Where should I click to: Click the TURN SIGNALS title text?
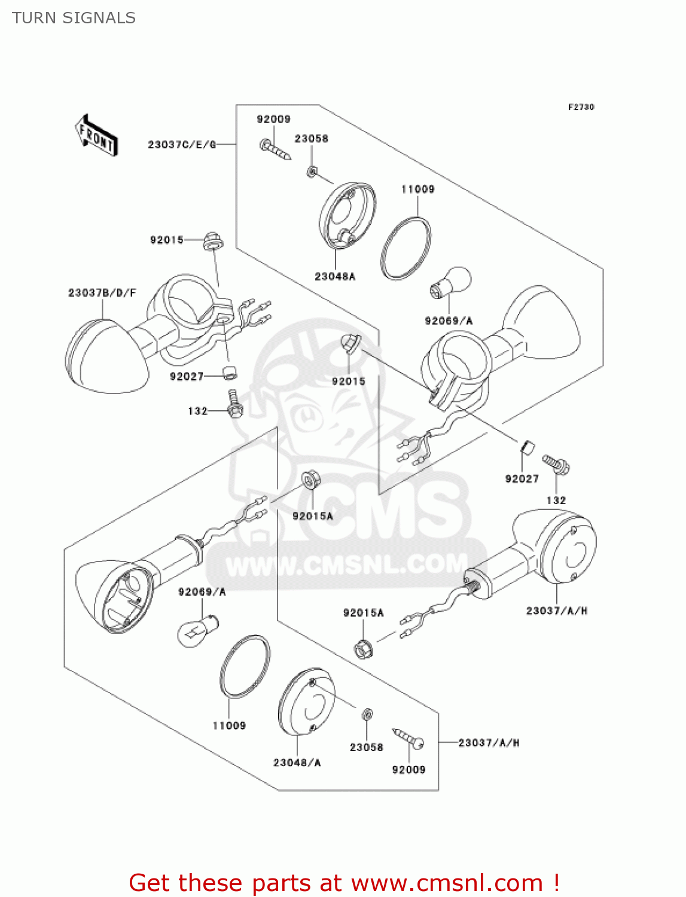click(74, 18)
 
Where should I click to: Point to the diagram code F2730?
click(581, 107)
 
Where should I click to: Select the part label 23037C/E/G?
click(182, 145)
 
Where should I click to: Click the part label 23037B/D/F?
click(102, 293)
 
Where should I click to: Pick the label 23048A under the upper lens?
click(335, 276)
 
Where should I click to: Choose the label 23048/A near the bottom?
click(297, 762)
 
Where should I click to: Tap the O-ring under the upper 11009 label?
click(405, 248)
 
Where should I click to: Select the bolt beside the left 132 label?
click(234, 405)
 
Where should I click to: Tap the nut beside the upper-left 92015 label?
click(212, 242)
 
